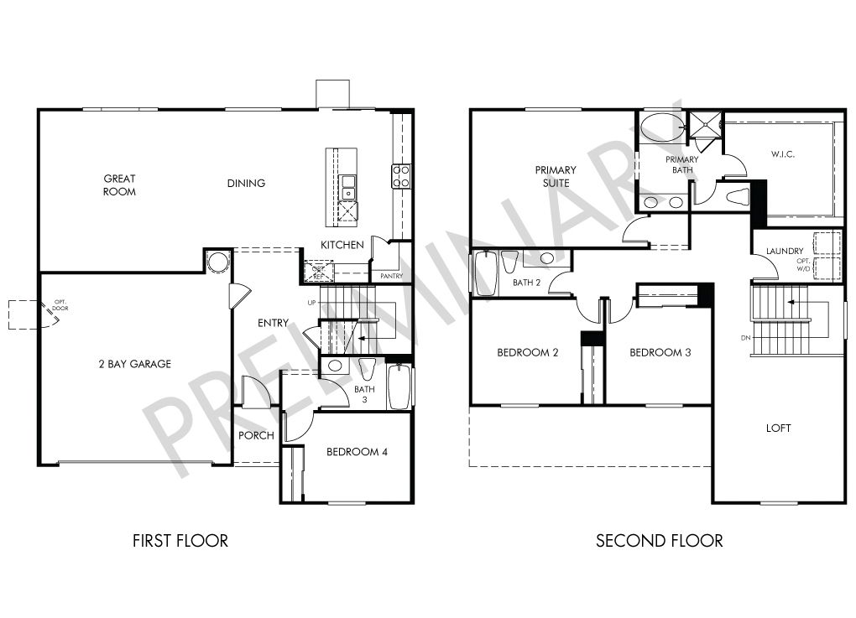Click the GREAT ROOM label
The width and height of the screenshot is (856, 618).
pos(119,185)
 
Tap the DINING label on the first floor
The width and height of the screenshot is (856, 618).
pos(246,184)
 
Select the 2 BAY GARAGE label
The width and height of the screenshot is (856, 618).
pos(135,364)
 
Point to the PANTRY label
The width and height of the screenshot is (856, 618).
pos(391,276)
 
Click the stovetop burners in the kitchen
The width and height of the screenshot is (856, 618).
pos(400,176)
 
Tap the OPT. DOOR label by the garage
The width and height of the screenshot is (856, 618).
pos(60,305)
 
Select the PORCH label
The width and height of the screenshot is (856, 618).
pos(256,435)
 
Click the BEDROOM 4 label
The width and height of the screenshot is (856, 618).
pos(357,452)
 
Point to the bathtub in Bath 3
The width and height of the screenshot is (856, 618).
pos(399,387)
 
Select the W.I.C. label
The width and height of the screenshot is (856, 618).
pos(783,154)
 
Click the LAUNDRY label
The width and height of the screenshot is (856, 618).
pos(785,251)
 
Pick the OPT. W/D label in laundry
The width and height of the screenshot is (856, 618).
pos(804,264)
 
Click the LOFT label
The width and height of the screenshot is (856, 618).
pos(779,428)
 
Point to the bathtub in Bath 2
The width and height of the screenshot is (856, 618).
pos(485,273)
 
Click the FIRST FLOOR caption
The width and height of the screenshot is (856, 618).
pos(180,541)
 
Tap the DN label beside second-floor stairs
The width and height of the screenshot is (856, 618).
pos(746,338)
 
